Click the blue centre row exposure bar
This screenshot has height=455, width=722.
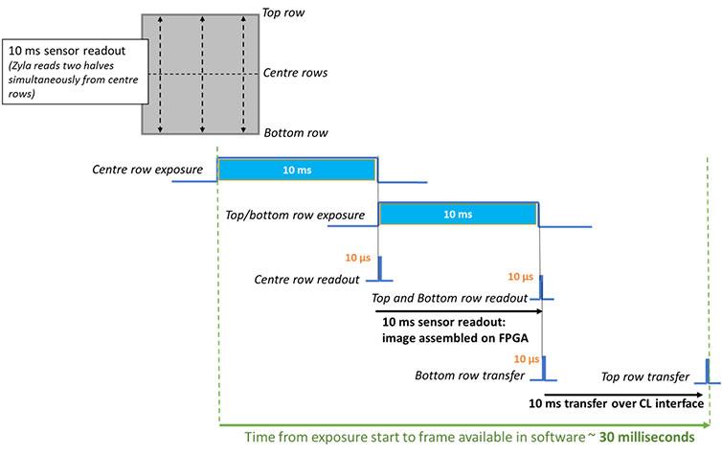[x=298, y=171]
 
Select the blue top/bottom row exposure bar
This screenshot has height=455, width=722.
[x=459, y=215]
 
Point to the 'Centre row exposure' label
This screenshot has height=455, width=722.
[x=147, y=171]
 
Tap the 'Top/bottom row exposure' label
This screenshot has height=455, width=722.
[x=293, y=215]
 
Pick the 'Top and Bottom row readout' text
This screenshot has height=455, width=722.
[x=450, y=299]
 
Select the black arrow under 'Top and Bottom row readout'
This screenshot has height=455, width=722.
[x=459, y=310]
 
